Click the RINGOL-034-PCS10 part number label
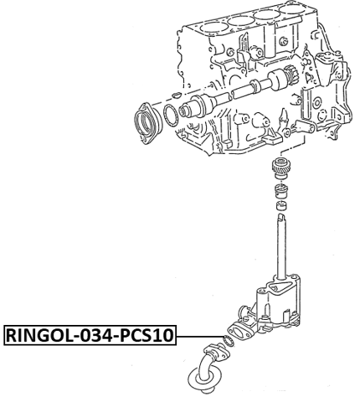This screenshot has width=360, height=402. [90, 337]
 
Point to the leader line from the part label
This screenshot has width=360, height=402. [199, 337]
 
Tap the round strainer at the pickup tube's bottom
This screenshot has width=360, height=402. [202, 387]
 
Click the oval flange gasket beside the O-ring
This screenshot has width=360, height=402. [239, 332]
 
